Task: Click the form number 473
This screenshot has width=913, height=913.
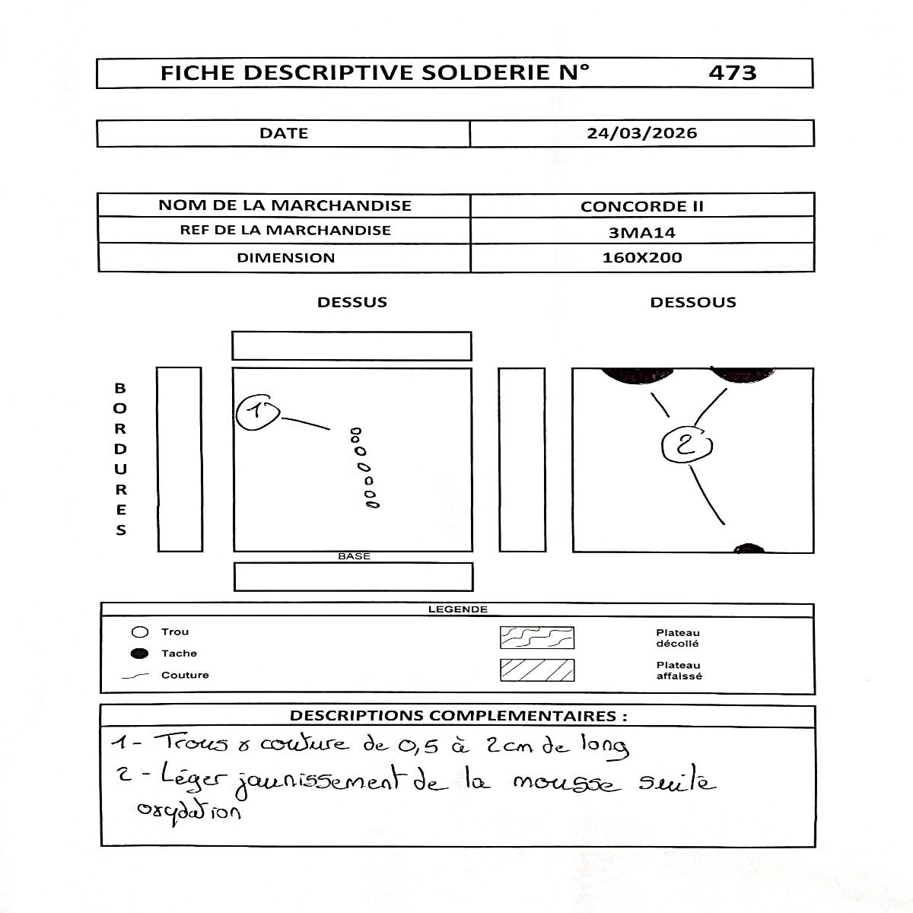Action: pyautogui.click(x=732, y=73)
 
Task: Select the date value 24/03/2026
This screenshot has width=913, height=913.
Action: pyautogui.click(x=641, y=133)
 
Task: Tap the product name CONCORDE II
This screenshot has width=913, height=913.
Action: pyautogui.click(x=641, y=206)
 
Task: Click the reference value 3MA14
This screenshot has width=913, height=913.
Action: pyautogui.click(x=641, y=233)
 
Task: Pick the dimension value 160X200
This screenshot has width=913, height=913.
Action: pyautogui.click(x=641, y=258)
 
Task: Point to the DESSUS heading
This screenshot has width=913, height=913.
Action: pyautogui.click(x=352, y=302)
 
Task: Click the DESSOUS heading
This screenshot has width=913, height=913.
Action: pyautogui.click(x=692, y=302)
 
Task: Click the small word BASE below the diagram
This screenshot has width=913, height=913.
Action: pyautogui.click(x=354, y=556)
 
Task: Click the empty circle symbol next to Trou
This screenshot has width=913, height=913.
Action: pyautogui.click(x=139, y=632)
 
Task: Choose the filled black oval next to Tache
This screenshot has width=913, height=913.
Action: pyautogui.click(x=139, y=654)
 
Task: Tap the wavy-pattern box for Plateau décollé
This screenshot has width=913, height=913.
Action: pyautogui.click(x=536, y=638)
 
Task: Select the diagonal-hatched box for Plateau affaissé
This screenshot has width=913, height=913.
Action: pyautogui.click(x=536, y=670)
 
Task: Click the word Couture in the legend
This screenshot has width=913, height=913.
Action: pyautogui.click(x=185, y=675)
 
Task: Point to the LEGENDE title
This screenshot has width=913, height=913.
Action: pyautogui.click(x=457, y=609)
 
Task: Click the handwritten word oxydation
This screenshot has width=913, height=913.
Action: pyautogui.click(x=189, y=812)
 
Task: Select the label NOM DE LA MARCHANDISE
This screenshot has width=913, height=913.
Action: pyautogui.click(x=285, y=205)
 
